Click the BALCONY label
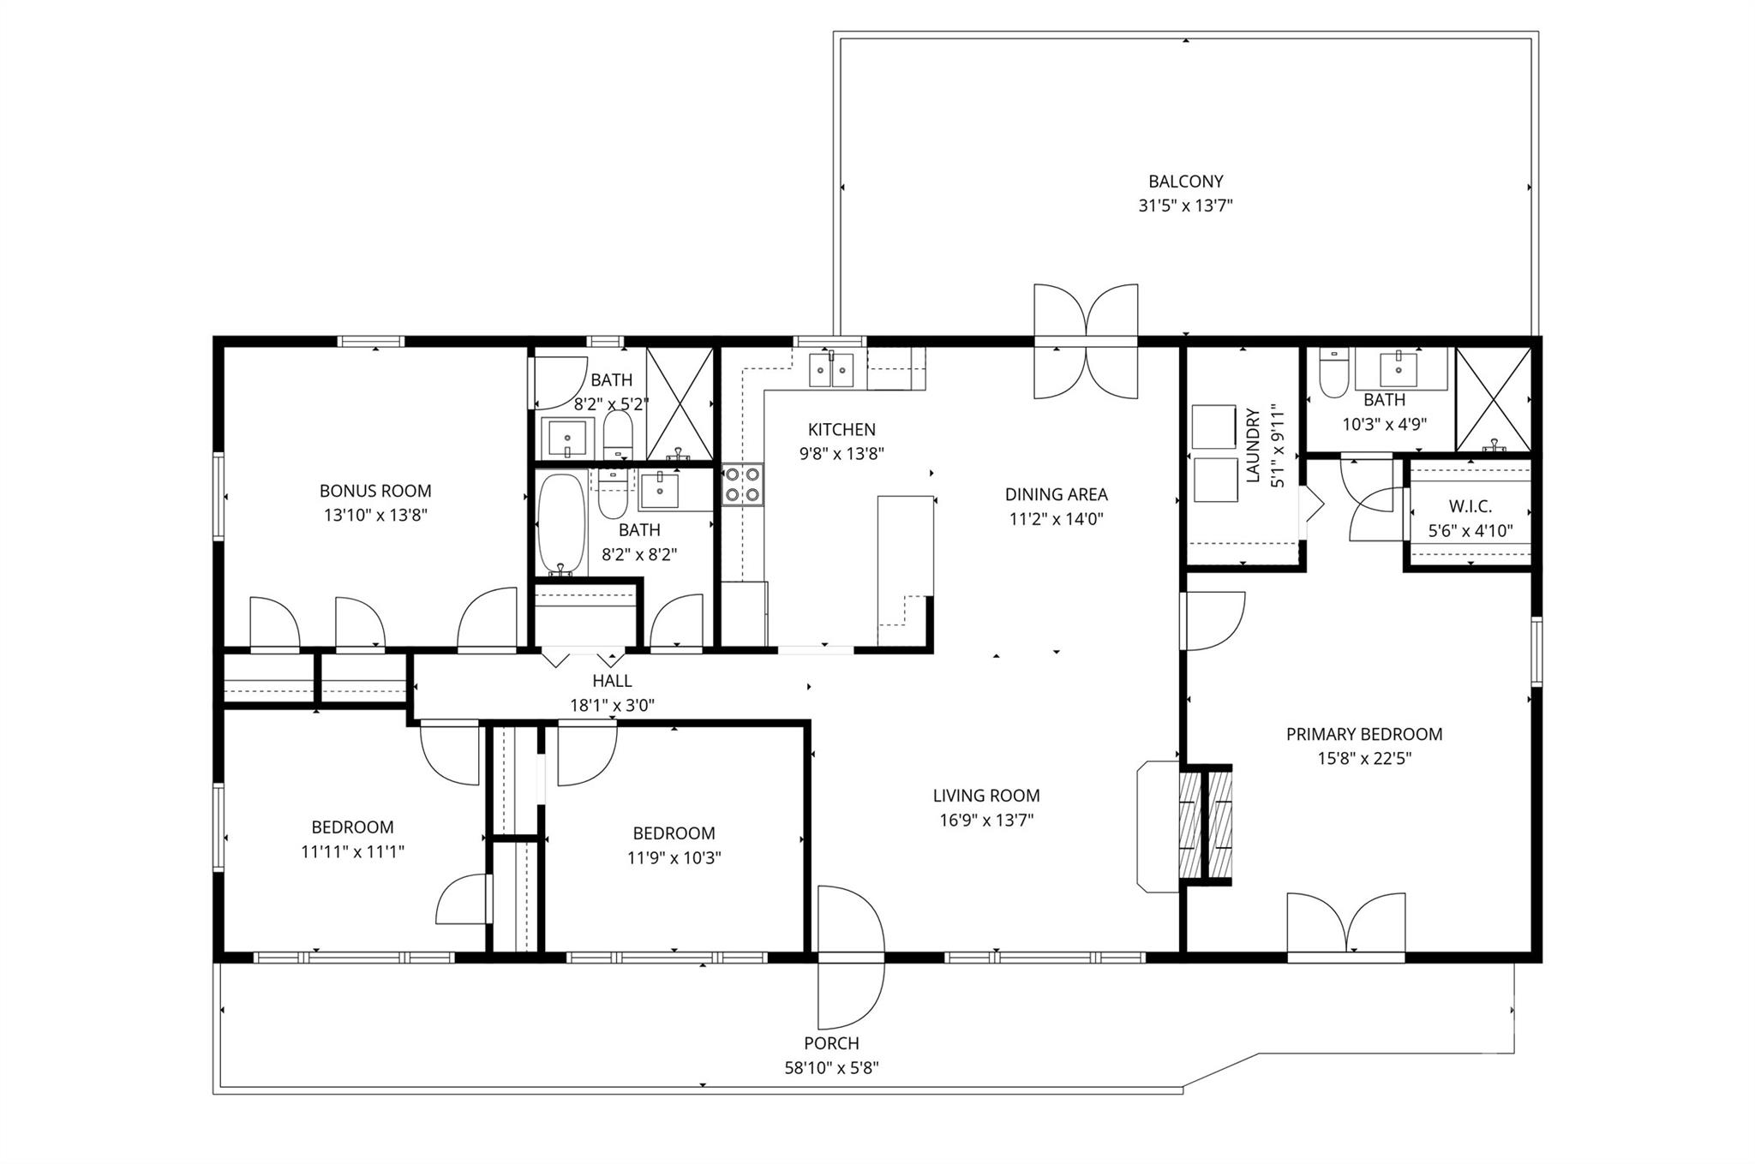tap(1185, 182)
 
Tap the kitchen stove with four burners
tap(742, 484)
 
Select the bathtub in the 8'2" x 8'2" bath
tap(561, 523)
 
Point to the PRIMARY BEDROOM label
tap(1363, 734)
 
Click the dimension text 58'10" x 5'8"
tap(831, 1068)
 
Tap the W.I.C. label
tap(1470, 506)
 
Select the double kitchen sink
tap(831, 369)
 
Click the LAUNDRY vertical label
tap(1254, 445)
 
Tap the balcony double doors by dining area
tap(1086, 341)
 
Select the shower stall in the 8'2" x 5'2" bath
tap(680, 403)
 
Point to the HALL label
tap(612, 681)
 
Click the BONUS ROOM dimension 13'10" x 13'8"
tap(375, 515)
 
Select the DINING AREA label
tap(1056, 494)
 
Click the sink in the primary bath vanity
tap(1399, 368)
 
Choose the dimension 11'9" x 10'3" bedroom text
tap(674, 857)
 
